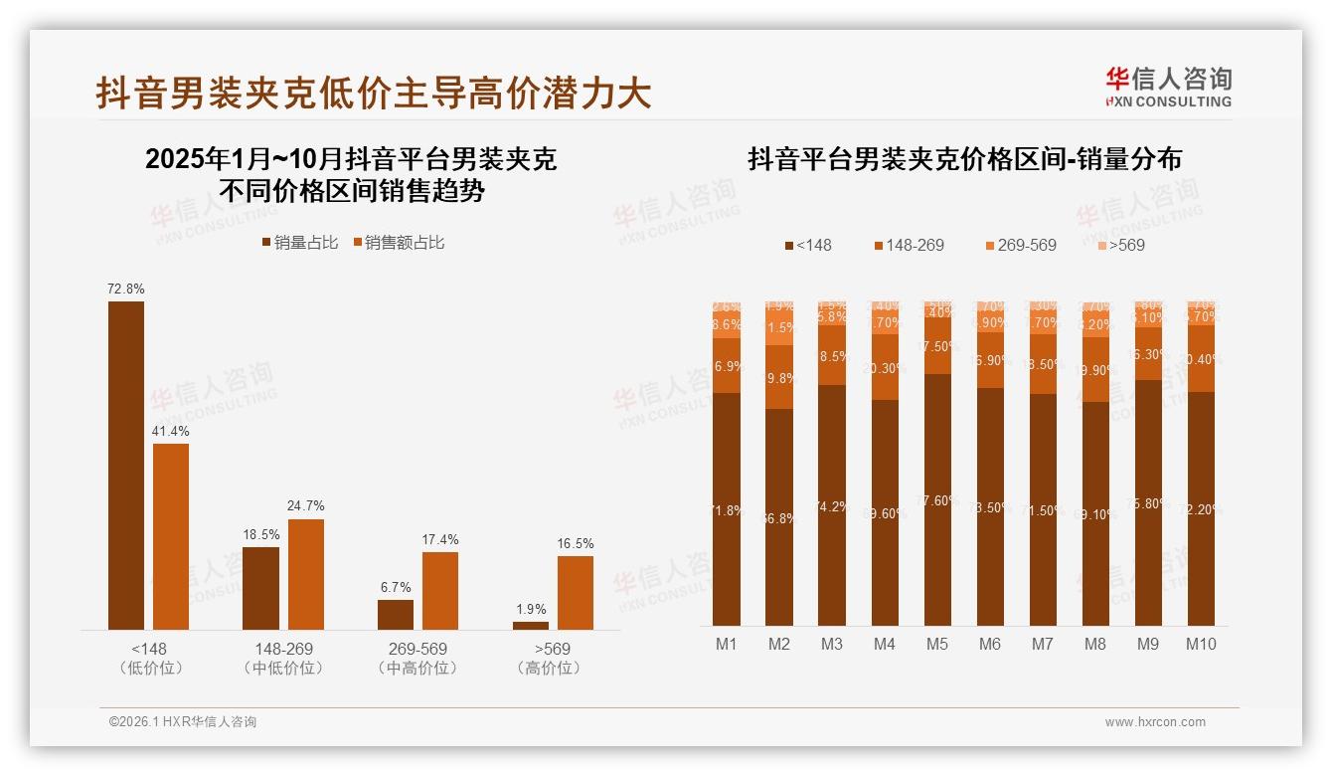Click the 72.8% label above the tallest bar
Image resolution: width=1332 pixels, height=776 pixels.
[x=126, y=289]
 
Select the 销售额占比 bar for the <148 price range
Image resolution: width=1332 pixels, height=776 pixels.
[x=171, y=536]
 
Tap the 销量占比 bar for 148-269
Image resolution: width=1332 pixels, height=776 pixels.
[x=260, y=588]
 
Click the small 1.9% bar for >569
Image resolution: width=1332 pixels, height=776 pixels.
[x=531, y=625]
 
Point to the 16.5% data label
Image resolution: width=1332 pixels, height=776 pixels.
[x=576, y=543]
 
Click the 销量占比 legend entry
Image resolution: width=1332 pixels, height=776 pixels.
[x=300, y=243]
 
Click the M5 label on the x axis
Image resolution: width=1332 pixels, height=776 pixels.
[x=936, y=644]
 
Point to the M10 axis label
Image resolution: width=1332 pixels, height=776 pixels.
[x=1201, y=644]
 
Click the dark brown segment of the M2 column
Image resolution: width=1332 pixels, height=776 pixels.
[x=779, y=517]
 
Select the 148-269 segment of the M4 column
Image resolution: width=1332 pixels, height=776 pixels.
[x=885, y=367]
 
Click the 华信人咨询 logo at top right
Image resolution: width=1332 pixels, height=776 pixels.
[x=1168, y=87]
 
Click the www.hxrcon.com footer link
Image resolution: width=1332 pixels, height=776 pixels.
[x=1155, y=722]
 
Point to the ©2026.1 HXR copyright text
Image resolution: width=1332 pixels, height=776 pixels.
[x=183, y=722]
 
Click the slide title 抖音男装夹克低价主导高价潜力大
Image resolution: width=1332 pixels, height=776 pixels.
[x=374, y=93]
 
